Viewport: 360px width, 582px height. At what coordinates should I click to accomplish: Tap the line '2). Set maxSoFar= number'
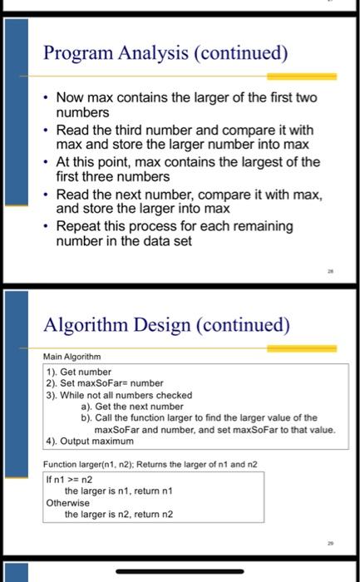click(x=93, y=383)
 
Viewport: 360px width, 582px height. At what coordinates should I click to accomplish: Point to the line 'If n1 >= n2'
click(x=71, y=480)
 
